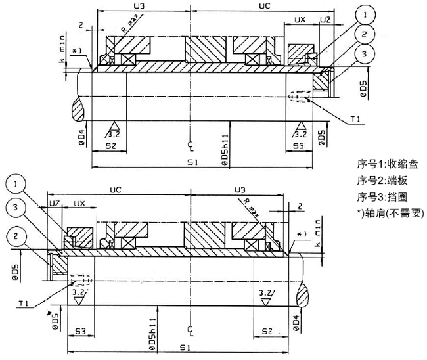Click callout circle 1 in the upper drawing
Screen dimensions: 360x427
point(365,12)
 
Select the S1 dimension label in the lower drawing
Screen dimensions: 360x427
point(187,346)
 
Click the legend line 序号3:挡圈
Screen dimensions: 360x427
point(382,196)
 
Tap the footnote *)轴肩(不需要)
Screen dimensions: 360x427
point(389,213)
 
